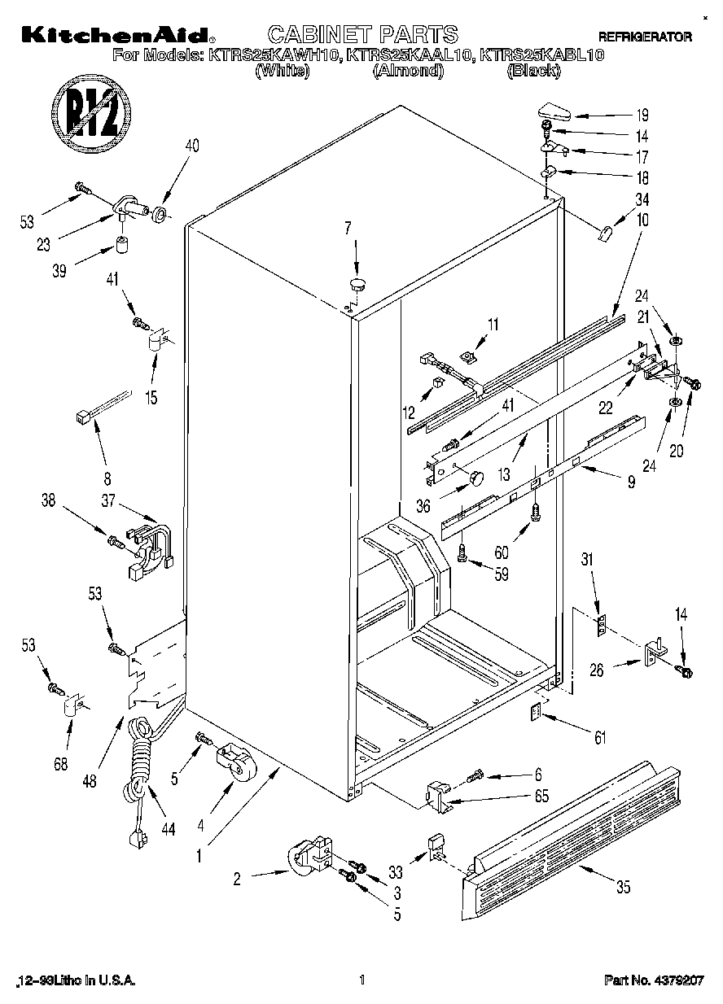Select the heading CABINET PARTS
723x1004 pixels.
(362, 34)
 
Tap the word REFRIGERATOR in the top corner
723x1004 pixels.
(645, 37)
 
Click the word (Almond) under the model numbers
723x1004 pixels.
(408, 71)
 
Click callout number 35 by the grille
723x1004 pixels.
(623, 888)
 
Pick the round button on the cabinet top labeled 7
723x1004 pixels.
(357, 284)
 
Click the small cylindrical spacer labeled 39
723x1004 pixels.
(125, 244)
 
